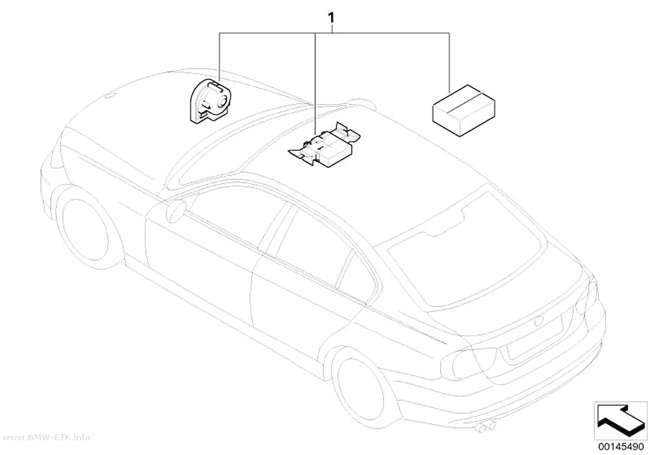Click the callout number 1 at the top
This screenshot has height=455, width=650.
[331, 19]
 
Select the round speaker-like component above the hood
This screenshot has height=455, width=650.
[210, 101]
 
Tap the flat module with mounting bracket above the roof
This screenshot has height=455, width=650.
[324, 145]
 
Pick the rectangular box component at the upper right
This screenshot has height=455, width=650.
[464, 110]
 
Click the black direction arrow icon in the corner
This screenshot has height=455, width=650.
[619, 419]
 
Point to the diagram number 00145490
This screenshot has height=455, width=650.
[620, 447]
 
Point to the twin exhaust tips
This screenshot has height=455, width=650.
[486, 427]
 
